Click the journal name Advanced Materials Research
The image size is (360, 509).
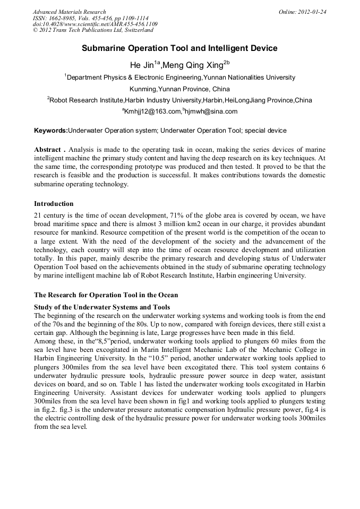coord(69,12)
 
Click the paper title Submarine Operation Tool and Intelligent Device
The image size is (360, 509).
coord(179,48)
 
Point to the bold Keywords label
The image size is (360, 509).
coord(50,131)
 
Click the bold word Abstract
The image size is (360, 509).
coord(48,150)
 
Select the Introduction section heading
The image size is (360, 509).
coord(54,204)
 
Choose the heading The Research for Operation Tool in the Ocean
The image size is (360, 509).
coord(106,295)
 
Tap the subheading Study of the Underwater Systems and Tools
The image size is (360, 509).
coord(102,307)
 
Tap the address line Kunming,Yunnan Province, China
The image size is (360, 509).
coord(179,89)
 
